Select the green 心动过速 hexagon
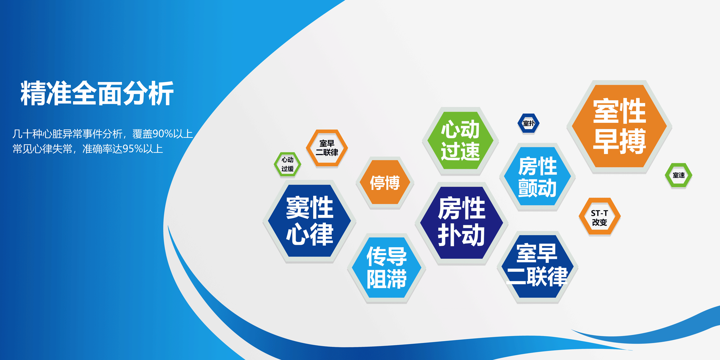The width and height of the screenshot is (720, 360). coord(460,140)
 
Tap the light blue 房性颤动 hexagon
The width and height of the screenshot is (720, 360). coord(537,176)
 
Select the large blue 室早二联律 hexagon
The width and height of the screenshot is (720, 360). coord(537,266)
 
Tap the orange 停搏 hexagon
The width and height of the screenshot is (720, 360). coord(385,182)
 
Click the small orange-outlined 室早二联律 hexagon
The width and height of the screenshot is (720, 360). coord(327,148)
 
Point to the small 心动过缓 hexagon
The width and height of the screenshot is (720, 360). coord(287,164)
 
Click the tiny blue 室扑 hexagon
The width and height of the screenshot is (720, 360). coord(528,123)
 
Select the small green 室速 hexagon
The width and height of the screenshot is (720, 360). coord(679,175)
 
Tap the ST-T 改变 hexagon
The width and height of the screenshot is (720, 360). coord(600,217)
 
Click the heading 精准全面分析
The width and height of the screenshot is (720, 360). coord(97,94)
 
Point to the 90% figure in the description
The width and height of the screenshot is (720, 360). coord(163,134)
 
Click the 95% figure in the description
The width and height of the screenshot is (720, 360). coord(133,149)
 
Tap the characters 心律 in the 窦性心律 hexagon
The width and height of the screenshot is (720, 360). coord(310,234)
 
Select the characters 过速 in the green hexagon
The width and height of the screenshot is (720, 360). coord(460,151)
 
